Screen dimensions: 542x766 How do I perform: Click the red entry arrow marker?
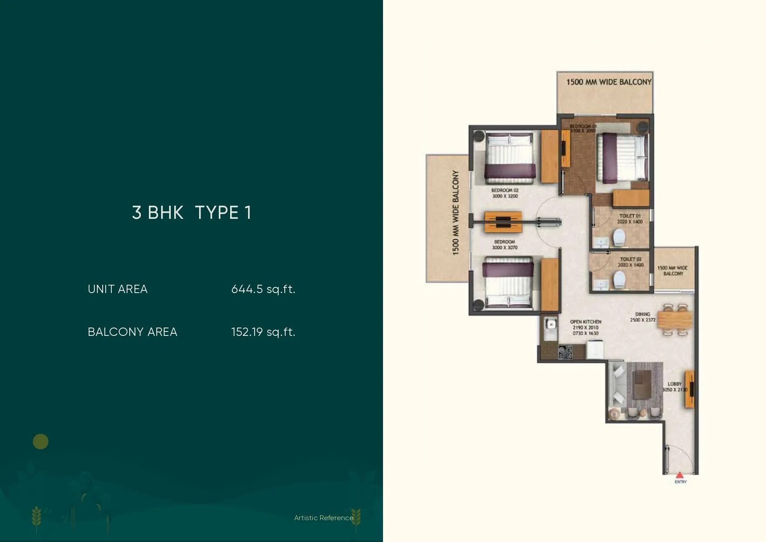click(x=680, y=475)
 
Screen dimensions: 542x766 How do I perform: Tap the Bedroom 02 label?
click(x=505, y=190)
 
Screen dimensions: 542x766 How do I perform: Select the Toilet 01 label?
click(x=630, y=216)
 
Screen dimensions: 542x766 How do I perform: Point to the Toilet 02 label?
click(x=631, y=259)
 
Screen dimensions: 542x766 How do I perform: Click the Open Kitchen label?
click(x=586, y=322)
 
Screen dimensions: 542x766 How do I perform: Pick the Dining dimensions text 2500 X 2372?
click(x=642, y=320)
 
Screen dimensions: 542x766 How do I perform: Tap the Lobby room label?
click(x=675, y=384)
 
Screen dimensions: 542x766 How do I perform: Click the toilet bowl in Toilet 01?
click(x=619, y=238)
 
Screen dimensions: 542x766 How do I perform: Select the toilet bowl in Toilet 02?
click(x=619, y=280)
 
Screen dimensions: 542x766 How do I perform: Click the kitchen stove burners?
click(x=566, y=352)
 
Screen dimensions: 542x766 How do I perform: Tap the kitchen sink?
click(x=551, y=325)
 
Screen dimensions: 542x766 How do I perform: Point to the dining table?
click(x=674, y=319)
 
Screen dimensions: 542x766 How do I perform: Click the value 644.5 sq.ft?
click(x=263, y=289)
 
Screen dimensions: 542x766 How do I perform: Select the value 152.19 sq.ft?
click(x=263, y=332)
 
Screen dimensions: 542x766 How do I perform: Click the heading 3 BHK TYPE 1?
click(x=192, y=213)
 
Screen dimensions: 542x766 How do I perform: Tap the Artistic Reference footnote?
click(x=324, y=518)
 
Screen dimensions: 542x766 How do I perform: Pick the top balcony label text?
click(x=609, y=82)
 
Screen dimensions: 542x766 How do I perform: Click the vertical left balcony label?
click(x=455, y=213)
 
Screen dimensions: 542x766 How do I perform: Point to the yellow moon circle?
click(x=41, y=442)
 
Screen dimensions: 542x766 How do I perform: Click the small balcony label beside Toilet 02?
click(x=673, y=271)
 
